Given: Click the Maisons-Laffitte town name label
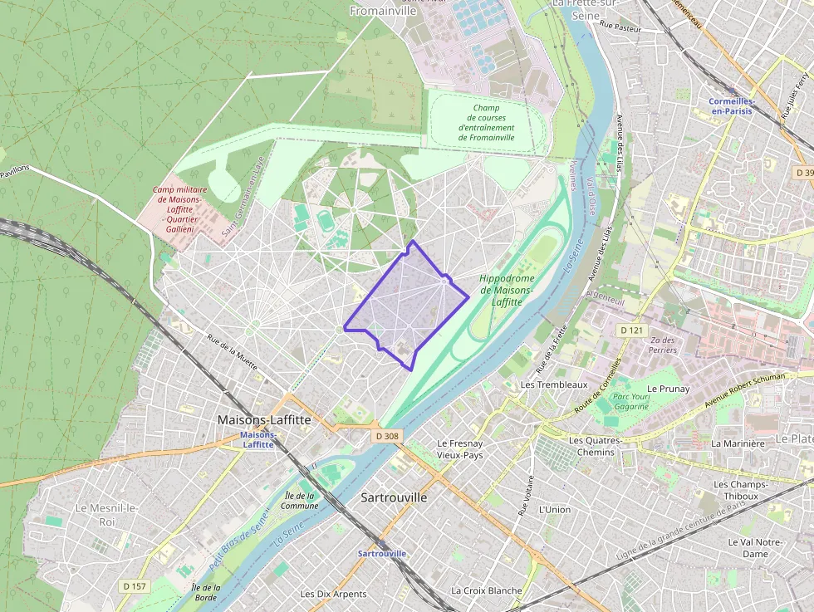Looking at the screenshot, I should click(264, 420).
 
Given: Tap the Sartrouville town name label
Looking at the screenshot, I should click(395, 497).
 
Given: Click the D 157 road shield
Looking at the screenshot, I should click(135, 586).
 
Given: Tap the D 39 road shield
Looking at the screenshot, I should click(802, 173).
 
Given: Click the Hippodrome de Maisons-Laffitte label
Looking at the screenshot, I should click(508, 290).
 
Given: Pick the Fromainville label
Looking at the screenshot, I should click(384, 11).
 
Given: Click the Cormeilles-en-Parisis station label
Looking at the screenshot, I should click(731, 106).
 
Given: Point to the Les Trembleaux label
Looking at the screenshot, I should click(553, 385).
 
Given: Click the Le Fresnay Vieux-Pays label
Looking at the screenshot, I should click(459, 449).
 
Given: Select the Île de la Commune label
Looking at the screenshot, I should click(299, 500).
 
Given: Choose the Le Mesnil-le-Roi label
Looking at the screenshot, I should click(106, 514).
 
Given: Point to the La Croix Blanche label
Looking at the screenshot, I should click(487, 590).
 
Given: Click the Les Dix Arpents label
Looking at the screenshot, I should click(334, 594).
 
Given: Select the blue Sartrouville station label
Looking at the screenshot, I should click(382, 553).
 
